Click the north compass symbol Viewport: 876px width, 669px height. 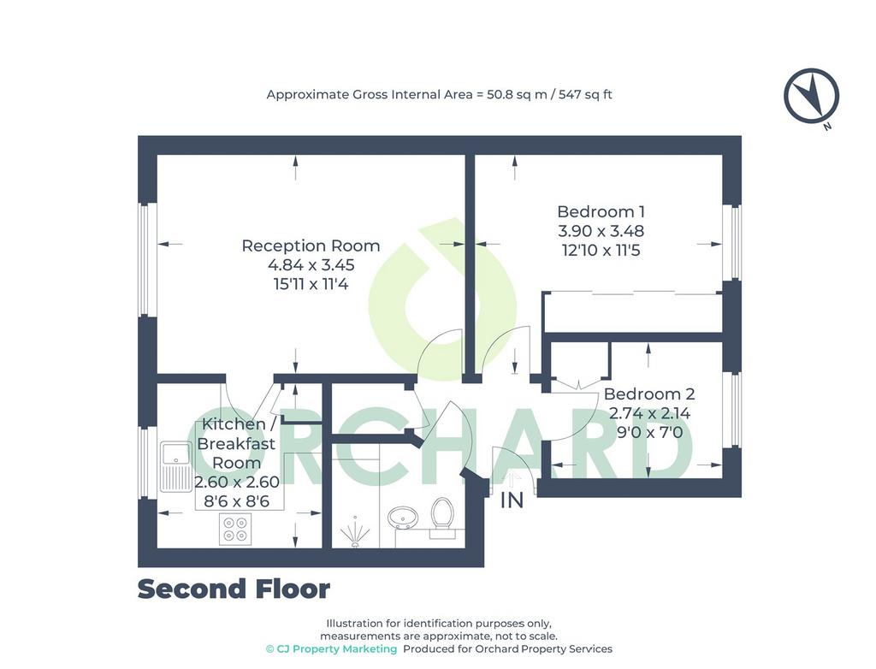(811, 96)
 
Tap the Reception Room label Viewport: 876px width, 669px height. (311, 246)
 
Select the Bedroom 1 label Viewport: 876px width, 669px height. (601, 212)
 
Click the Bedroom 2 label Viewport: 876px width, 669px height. (649, 394)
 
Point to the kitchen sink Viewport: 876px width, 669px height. (176, 467)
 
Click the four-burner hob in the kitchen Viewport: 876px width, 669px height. (234, 529)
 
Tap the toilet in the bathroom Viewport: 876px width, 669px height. (442, 518)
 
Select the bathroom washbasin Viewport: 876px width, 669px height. (402, 518)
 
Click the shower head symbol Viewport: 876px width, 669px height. (355, 533)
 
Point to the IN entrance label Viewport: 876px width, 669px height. (512, 500)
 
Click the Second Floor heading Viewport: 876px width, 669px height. (234, 589)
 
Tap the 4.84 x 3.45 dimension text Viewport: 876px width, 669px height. (311, 265)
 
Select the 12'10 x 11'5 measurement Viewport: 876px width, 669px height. (601, 251)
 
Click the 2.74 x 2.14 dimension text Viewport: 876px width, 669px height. (649, 413)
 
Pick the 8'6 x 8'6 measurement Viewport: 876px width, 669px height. (236, 501)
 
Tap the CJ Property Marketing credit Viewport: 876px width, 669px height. (331, 648)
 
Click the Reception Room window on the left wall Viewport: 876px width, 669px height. (147, 260)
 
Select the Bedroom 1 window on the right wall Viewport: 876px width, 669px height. (732, 243)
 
